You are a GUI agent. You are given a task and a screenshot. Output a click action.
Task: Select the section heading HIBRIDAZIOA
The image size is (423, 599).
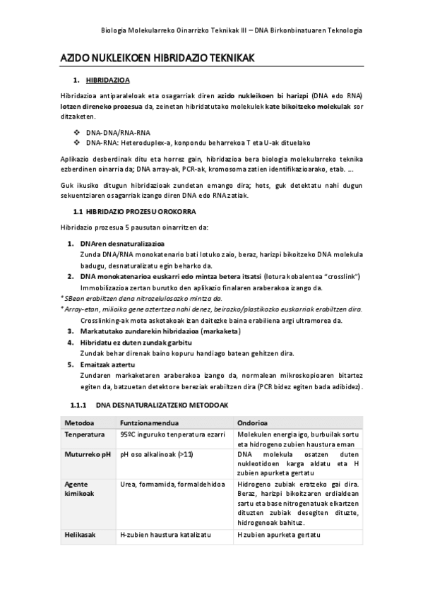click(107, 81)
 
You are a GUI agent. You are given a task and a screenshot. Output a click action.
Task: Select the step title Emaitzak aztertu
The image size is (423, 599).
click(107, 364)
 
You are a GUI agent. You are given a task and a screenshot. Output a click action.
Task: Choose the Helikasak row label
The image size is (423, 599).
click(80, 536)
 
